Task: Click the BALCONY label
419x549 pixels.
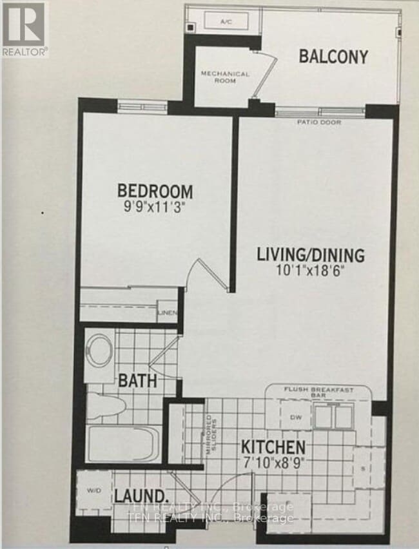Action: [x=333, y=56]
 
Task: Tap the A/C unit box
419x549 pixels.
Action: [x=226, y=22]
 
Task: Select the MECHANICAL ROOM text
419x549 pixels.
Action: [x=225, y=78]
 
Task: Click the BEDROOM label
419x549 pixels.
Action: [x=155, y=191]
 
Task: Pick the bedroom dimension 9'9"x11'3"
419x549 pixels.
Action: [x=155, y=207]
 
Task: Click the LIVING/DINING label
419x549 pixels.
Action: [x=311, y=254]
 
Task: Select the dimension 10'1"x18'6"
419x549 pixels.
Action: [x=311, y=270]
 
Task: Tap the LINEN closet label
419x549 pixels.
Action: [x=168, y=313]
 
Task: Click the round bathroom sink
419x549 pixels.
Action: [x=101, y=350]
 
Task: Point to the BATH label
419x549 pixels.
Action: [x=137, y=381]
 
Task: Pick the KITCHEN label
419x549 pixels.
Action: [x=273, y=447]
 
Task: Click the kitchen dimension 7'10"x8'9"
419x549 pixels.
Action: [x=273, y=462]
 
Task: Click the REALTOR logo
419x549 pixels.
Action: [x=24, y=29]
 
